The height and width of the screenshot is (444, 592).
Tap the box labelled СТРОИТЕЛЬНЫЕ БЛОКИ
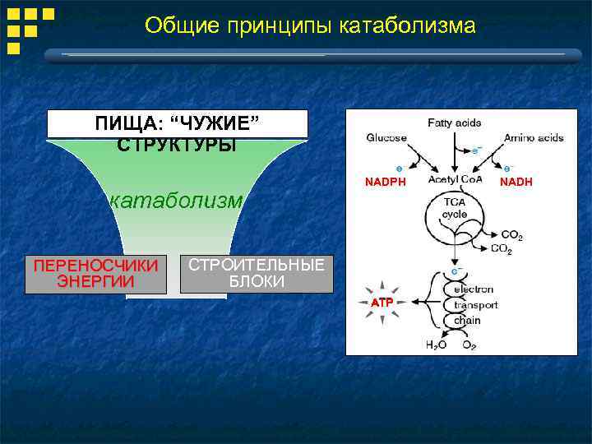click(257, 274)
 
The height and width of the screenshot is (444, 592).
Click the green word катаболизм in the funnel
click(177, 200)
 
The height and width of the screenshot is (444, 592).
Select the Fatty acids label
click(455, 123)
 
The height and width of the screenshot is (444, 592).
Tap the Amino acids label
click(534, 137)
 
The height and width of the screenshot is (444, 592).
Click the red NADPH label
click(386, 182)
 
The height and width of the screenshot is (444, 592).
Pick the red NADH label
click(516, 182)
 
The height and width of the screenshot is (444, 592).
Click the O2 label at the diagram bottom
click(469, 345)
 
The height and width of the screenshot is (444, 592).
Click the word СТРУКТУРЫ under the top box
click(177, 146)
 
